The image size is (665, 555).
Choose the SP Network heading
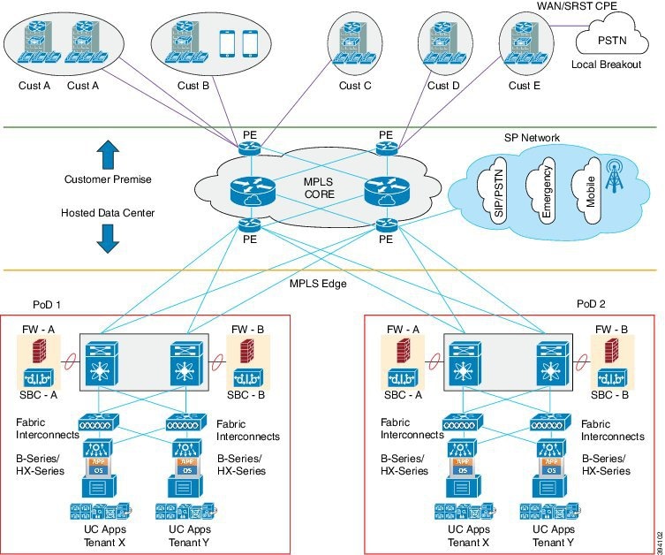tap(532, 138)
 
